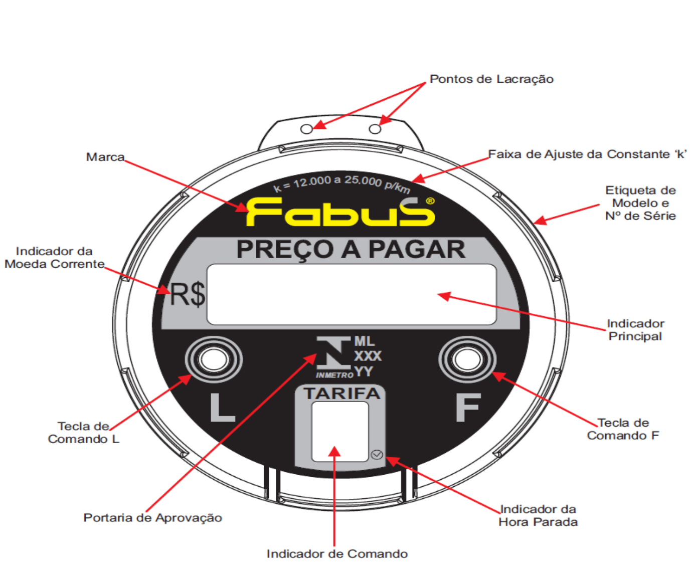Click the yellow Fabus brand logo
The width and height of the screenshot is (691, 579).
[x=340, y=212]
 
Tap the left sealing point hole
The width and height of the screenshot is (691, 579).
[x=306, y=129]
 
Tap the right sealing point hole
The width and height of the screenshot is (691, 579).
[x=375, y=129]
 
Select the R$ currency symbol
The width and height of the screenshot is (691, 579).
[x=188, y=294]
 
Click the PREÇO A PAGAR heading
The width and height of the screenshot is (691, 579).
[x=351, y=250]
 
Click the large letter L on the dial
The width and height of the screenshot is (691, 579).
[x=222, y=407]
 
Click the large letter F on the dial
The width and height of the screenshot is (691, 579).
[x=468, y=407]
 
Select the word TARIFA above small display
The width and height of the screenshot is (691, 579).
[x=342, y=394]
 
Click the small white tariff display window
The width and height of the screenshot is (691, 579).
[x=340, y=432]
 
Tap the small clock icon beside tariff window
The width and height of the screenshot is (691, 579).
[x=377, y=455]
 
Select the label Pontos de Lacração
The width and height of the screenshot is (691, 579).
[x=491, y=79]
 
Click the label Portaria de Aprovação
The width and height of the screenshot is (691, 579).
[x=152, y=518]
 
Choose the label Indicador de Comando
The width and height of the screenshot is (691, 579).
[x=337, y=554]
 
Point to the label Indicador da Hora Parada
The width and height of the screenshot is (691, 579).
[x=538, y=515]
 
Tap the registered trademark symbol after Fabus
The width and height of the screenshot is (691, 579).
[x=430, y=201]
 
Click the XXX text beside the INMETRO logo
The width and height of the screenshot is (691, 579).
[x=368, y=356]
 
